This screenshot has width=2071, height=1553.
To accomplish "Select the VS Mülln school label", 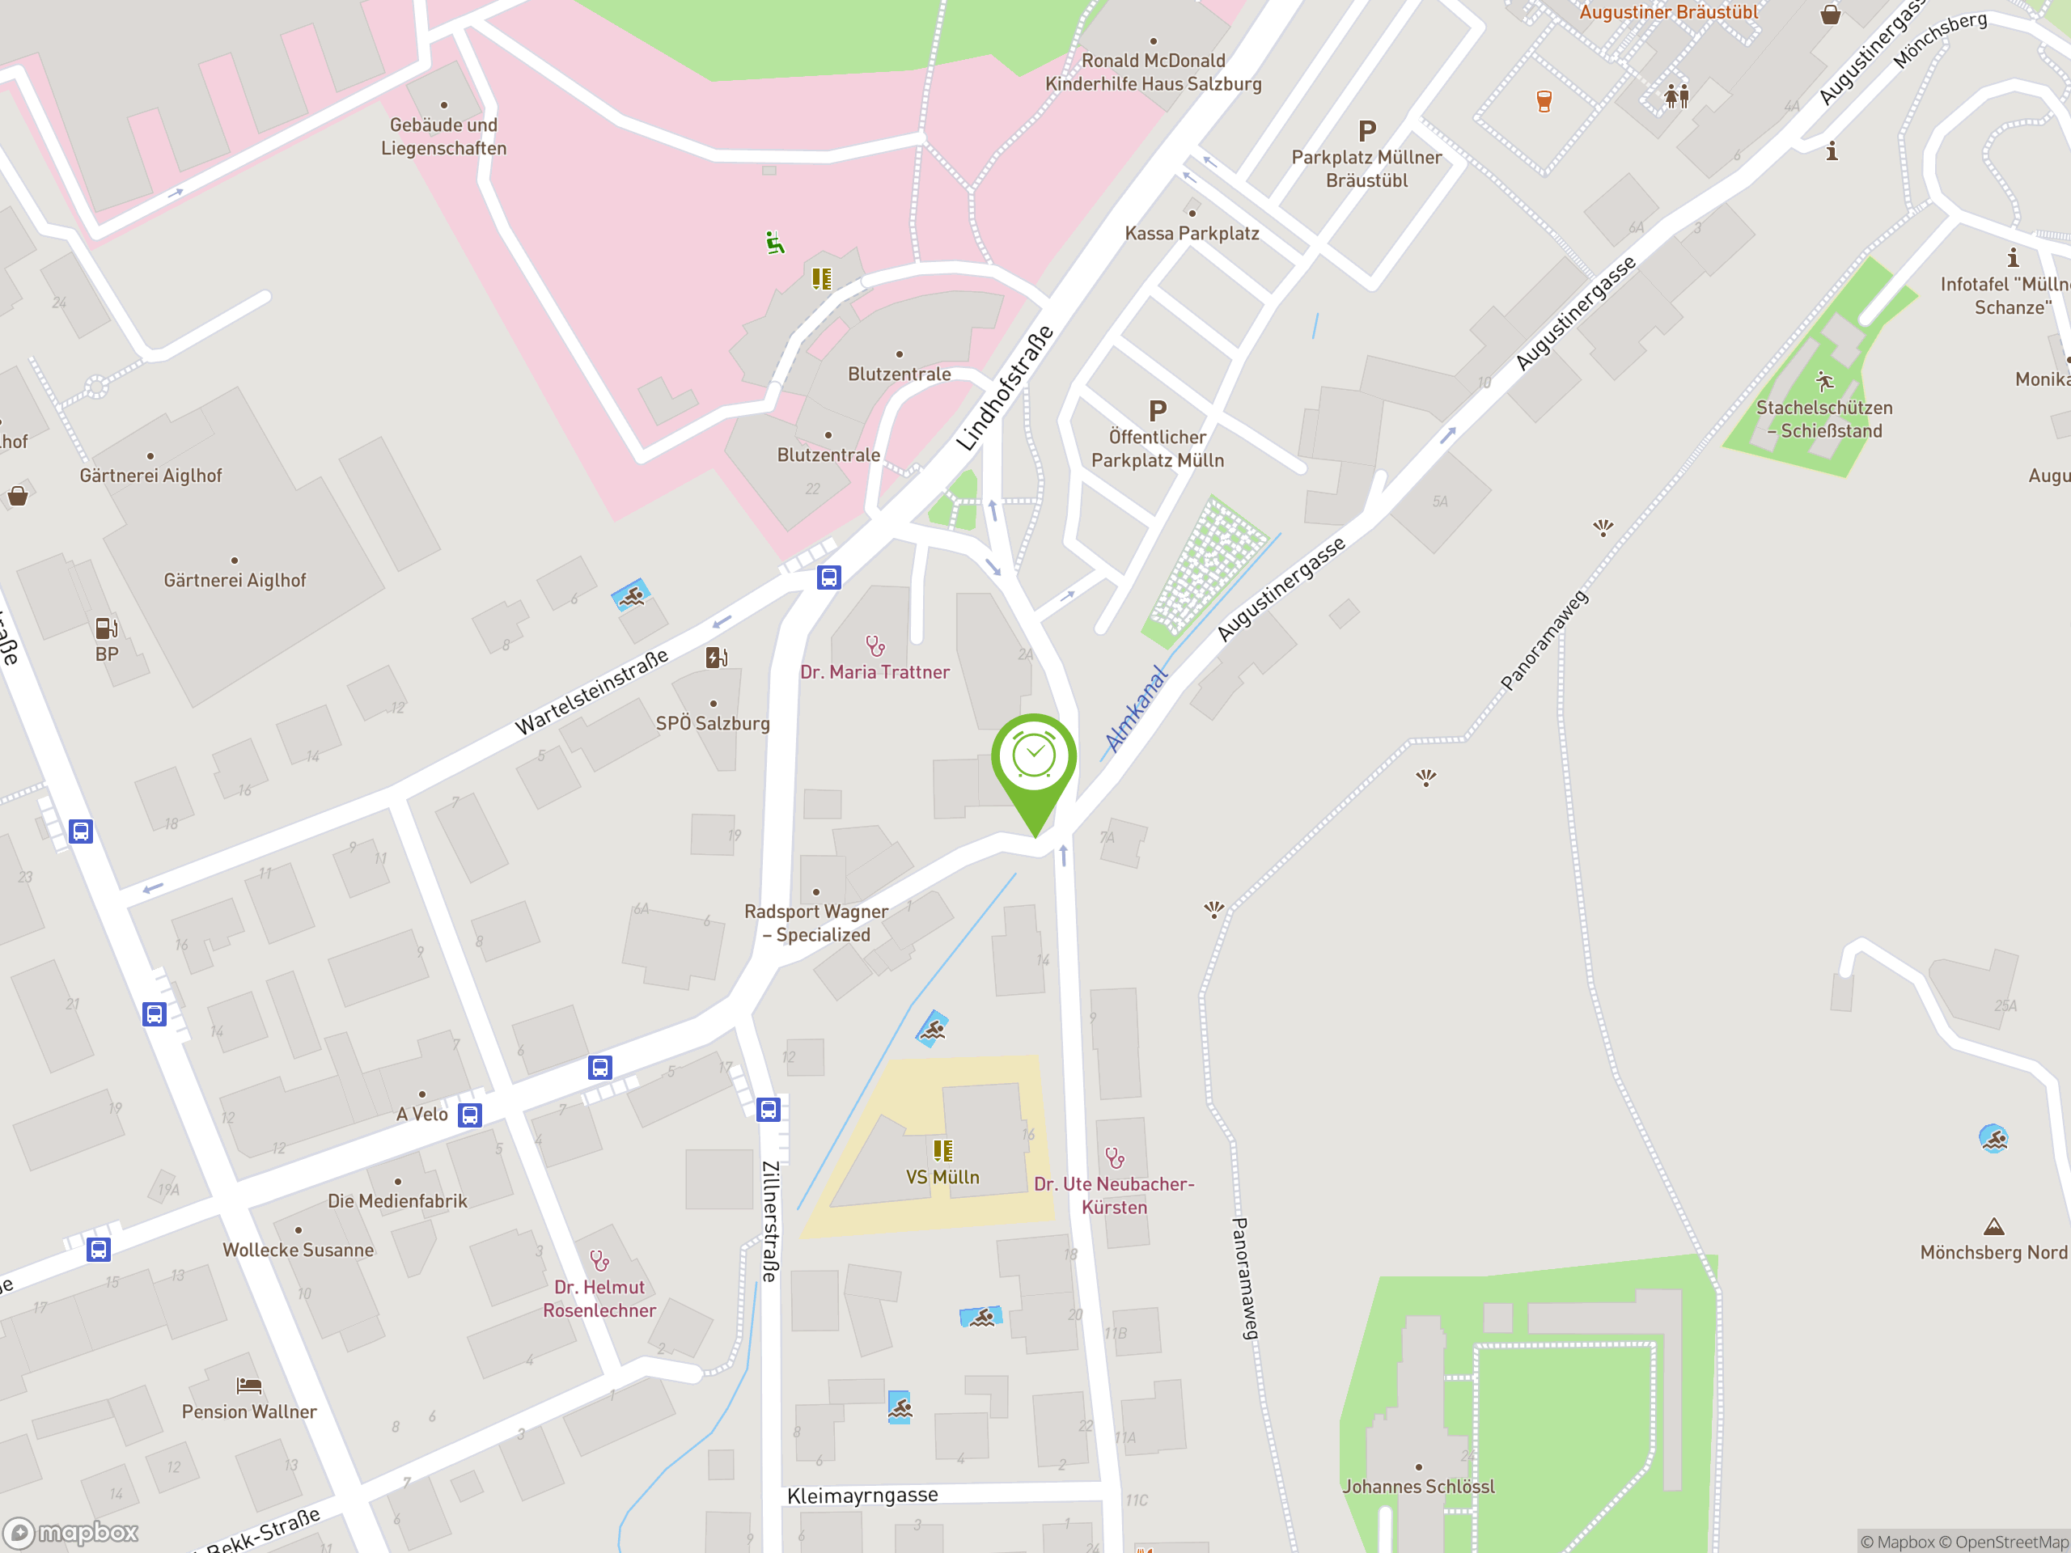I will pos(942,1177).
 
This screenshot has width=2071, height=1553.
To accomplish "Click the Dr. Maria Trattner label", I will pos(875,672).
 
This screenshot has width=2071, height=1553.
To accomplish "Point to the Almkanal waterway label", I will pos(1137,709).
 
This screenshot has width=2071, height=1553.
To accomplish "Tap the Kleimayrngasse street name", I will pos(862,1496).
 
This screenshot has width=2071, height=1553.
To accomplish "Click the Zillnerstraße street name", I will pos(769,1221).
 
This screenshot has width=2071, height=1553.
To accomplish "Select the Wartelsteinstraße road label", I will pos(591,691).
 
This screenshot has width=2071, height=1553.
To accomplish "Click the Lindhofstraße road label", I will pos(1005,388).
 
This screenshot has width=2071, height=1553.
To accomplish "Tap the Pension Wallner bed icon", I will pos(249,1385).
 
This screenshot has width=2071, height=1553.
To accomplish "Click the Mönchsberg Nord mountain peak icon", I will pos(1993,1226).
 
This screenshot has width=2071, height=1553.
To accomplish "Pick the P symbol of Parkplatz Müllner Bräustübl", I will pos(1367,131).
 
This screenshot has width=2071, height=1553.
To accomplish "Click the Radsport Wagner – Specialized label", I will pos(816,923).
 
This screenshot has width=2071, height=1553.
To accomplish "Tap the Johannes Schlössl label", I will pos(1418,1487).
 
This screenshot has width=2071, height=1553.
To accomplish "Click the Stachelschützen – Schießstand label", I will pos(1823,419).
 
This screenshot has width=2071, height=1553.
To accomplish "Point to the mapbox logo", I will pos(72,1533).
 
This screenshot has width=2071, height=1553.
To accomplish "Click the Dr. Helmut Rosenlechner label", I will pos(599,1298).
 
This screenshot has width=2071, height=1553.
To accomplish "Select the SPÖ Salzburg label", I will pos(713,724).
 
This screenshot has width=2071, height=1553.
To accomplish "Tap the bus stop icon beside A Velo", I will pos(470,1115).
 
